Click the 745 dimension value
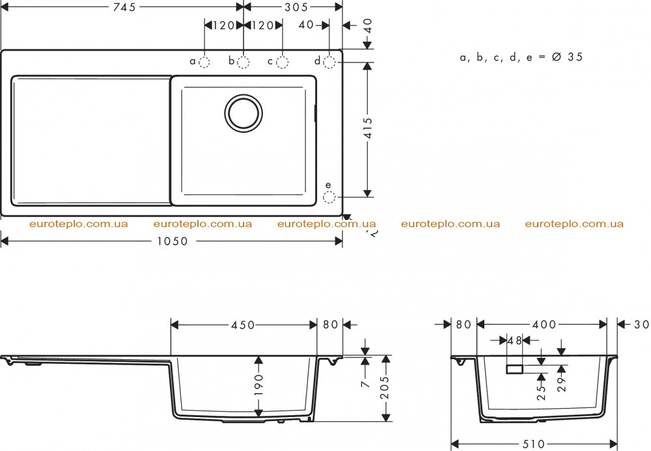coord(124,7)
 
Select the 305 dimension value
coord(296,7)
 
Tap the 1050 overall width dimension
coord(173,241)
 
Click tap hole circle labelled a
coord(204,62)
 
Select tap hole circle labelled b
coord(243,62)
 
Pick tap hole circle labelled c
coord(283,62)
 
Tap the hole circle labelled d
coord(329,62)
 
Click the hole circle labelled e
coord(329,197)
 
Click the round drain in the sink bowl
coord(243,113)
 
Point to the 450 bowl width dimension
coord(243,325)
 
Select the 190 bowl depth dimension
coord(258,385)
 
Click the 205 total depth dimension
coord(385,387)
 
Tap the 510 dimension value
coord(533,444)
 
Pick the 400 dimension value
coord(544,325)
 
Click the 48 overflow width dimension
coord(514,340)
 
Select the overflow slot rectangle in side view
coord(514,369)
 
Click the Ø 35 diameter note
coord(567,57)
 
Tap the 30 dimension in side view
coord(641,325)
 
